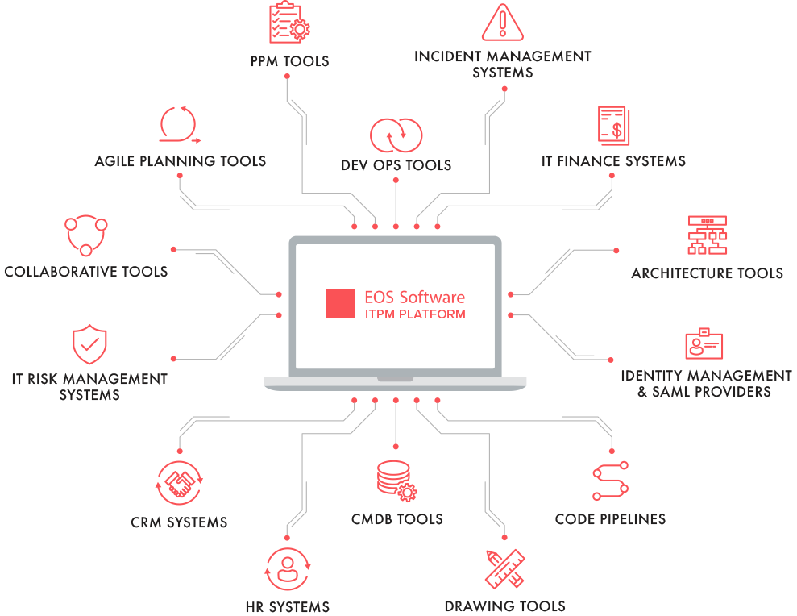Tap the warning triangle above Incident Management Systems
pyautogui.click(x=502, y=23)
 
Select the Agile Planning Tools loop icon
pyautogui.click(x=180, y=125)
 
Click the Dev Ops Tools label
pyautogui.click(x=396, y=165)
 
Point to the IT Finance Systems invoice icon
pyautogui.click(x=613, y=126)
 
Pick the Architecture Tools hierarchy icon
pyautogui.click(x=707, y=235)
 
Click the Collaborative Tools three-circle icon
pyautogui.click(x=86, y=235)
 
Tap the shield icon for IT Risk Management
pyautogui.click(x=89, y=344)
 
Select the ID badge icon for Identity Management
pyautogui.click(x=704, y=343)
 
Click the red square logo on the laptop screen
pyautogui.click(x=340, y=304)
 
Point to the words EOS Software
pyautogui.click(x=415, y=297)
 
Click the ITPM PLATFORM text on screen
pyautogui.click(x=415, y=314)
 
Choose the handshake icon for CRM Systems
pyautogui.click(x=180, y=483)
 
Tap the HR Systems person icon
pyautogui.click(x=288, y=569)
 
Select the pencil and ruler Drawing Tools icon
pyautogui.click(x=504, y=568)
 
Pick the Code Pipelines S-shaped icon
pyautogui.click(x=611, y=481)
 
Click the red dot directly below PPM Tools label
pyautogui.click(x=287, y=77)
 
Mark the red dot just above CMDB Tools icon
pyautogui.click(x=396, y=447)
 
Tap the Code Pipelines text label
pyautogui.click(x=611, y=519)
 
